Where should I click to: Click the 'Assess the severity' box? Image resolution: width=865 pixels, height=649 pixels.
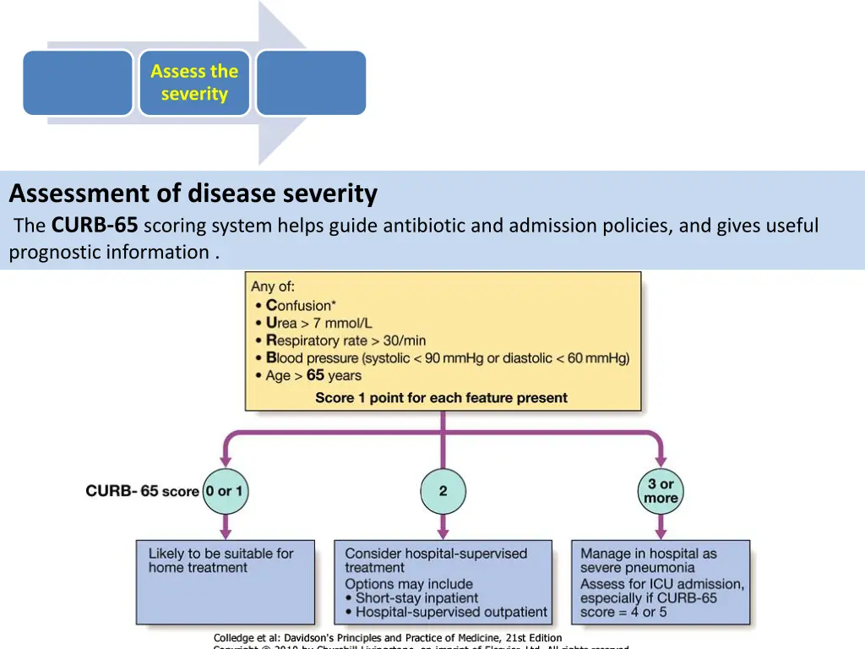(194, 83)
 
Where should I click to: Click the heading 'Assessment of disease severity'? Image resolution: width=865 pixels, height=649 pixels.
(193, 194)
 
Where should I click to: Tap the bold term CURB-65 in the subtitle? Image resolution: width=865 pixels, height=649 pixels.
(95, 226)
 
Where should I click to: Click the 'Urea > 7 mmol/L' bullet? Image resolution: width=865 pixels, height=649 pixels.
(318, 323)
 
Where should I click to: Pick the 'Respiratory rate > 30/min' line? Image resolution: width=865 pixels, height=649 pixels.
(345, 341)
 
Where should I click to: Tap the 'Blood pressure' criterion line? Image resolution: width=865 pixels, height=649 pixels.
(448, 358)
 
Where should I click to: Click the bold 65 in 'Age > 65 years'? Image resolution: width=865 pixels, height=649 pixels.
(315, 375)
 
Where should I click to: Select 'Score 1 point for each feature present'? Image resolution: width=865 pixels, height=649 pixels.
(441, 397)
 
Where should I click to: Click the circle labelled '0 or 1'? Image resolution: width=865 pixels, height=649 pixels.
(225, 491)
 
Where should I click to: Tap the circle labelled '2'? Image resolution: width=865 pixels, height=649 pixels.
(443, 491)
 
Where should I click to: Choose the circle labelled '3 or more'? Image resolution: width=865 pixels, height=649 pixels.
(661, 491)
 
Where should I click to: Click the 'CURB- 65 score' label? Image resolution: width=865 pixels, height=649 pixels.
(142, 491)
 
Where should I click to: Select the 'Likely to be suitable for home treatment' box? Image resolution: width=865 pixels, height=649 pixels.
(225, 582)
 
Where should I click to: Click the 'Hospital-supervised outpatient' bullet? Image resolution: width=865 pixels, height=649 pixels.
(451, 612)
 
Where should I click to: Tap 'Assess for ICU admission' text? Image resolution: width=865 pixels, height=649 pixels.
(662, 584)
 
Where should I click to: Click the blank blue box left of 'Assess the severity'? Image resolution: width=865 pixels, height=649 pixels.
(78, 83)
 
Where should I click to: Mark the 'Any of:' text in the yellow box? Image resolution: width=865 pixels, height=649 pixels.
(273, 286)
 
